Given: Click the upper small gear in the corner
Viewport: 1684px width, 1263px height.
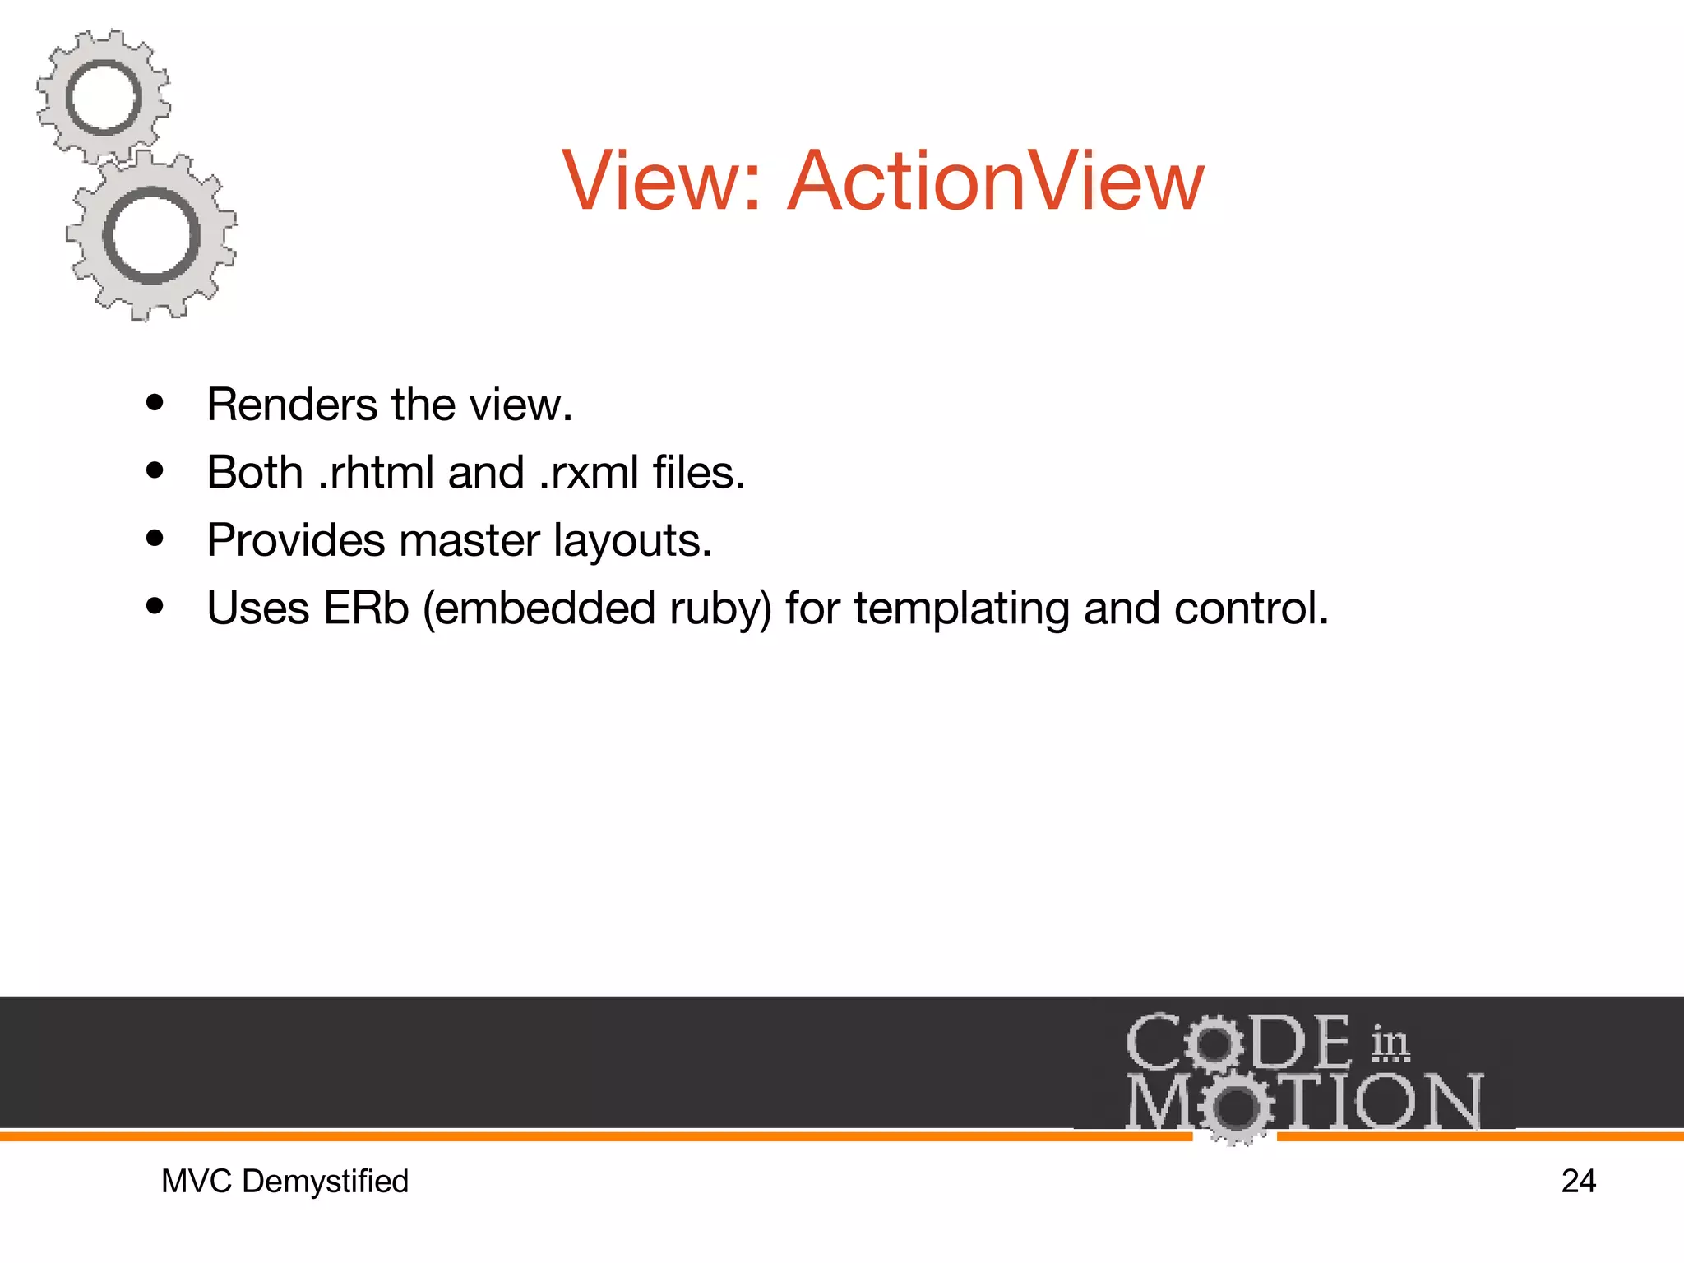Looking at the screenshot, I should point(104,98).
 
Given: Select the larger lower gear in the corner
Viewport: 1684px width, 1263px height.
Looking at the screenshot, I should point(152,236).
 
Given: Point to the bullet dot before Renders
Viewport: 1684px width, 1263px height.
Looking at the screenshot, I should point(155,403).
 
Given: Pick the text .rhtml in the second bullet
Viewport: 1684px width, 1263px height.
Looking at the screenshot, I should point(375,473).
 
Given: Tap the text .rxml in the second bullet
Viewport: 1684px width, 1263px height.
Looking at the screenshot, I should point(589,473).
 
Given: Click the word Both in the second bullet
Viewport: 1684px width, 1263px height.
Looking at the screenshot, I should point(255,473).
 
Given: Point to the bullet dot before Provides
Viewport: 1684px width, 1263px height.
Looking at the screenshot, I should point(155,539).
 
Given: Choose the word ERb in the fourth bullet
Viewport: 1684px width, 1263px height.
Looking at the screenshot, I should point(365,608).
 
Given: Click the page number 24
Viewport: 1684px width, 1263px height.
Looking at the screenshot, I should point(1578,1182).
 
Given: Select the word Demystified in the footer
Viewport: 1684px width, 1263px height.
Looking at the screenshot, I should point(325,1182).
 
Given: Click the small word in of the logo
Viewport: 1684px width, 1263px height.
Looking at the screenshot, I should point(1390,1043).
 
